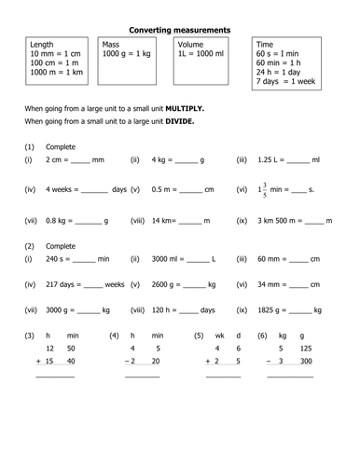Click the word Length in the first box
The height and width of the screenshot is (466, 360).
point(42,45)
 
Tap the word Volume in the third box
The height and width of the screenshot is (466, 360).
point(191,45)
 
